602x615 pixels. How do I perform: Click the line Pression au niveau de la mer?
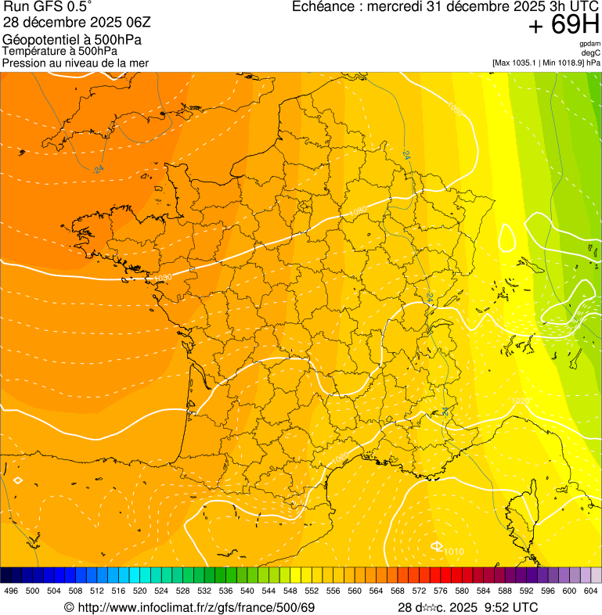[75, 63]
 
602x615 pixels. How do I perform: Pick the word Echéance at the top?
[322, 7]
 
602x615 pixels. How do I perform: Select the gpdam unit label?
[589, 44]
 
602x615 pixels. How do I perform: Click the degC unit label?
[591, 52]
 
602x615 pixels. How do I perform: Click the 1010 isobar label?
[453, 552]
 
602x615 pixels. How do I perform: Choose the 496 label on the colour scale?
[11, 591]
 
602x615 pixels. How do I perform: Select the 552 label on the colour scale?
[312, 591]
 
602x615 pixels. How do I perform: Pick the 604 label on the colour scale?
[590, 591]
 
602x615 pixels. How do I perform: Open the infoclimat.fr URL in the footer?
[196, 607]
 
